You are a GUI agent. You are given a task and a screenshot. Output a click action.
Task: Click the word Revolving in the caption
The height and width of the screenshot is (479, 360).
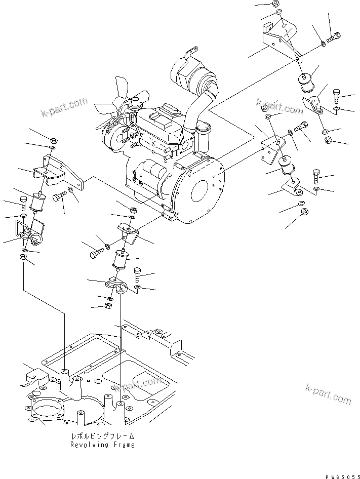(x=89, y=445)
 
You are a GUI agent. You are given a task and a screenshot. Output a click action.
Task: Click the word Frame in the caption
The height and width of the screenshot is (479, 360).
(x=124, y=445)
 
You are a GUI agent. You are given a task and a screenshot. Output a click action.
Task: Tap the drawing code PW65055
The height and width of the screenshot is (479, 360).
(x=342, y=476)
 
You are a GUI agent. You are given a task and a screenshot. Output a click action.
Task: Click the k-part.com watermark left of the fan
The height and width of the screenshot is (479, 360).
(x=64, y=107)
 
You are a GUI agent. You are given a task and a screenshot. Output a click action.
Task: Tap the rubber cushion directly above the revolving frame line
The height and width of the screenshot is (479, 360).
(x=121, y=260)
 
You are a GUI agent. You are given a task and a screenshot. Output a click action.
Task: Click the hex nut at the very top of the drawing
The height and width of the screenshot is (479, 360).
(x=274, y=4)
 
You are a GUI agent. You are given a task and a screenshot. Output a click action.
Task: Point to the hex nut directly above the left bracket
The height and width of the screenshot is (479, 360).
(x=52, y=141)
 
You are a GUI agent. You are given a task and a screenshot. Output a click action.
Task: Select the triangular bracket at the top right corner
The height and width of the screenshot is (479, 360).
(x=281, y=38)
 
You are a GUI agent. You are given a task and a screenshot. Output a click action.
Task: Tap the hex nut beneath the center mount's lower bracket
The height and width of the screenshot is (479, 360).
(x=107, y=305)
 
